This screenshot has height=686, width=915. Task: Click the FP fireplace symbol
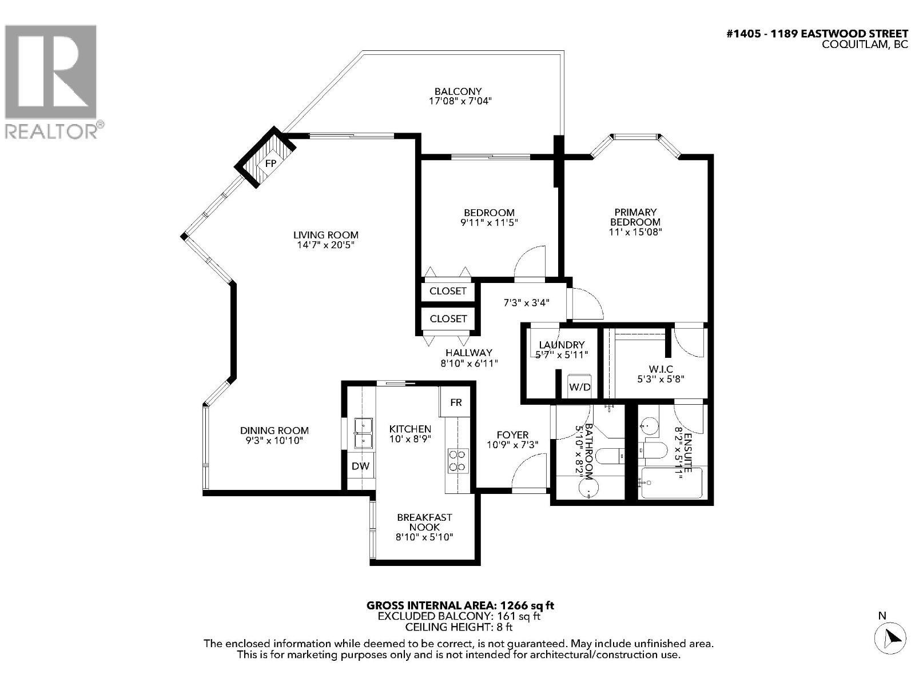pyautogui.click(x=270, y=163)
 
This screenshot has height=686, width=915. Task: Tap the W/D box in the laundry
pyautogui.click(x=579, y=387)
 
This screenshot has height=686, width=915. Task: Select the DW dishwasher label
pyautogui.click(x=360, y=466)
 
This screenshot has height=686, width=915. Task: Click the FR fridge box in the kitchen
pyautogui.click(x=456, y=402)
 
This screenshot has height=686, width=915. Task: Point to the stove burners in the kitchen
pyautogui.click(x=457, y=461)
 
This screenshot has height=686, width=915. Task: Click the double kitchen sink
pyautogui.click(x=363, y=433)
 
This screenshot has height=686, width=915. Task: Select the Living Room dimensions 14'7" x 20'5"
pyautogui.click(x=325, y=245)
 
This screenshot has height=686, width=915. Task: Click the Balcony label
pyautogui.click(x=458, y=91)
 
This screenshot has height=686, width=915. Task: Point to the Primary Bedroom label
pyautogui.click(x=635, y=217)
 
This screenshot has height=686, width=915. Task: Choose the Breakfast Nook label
pyautogui.click(x=424, y=522)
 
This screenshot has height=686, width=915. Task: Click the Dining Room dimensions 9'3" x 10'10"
pyautogui.click(x=274, y=441)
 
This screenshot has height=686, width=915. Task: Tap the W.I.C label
pyautogui.click(x=661, y=369)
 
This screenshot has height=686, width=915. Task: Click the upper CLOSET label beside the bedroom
pyautogui.click(x=448, y=291)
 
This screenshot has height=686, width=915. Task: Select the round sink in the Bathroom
pyautogui.click(x=587, y=489)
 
